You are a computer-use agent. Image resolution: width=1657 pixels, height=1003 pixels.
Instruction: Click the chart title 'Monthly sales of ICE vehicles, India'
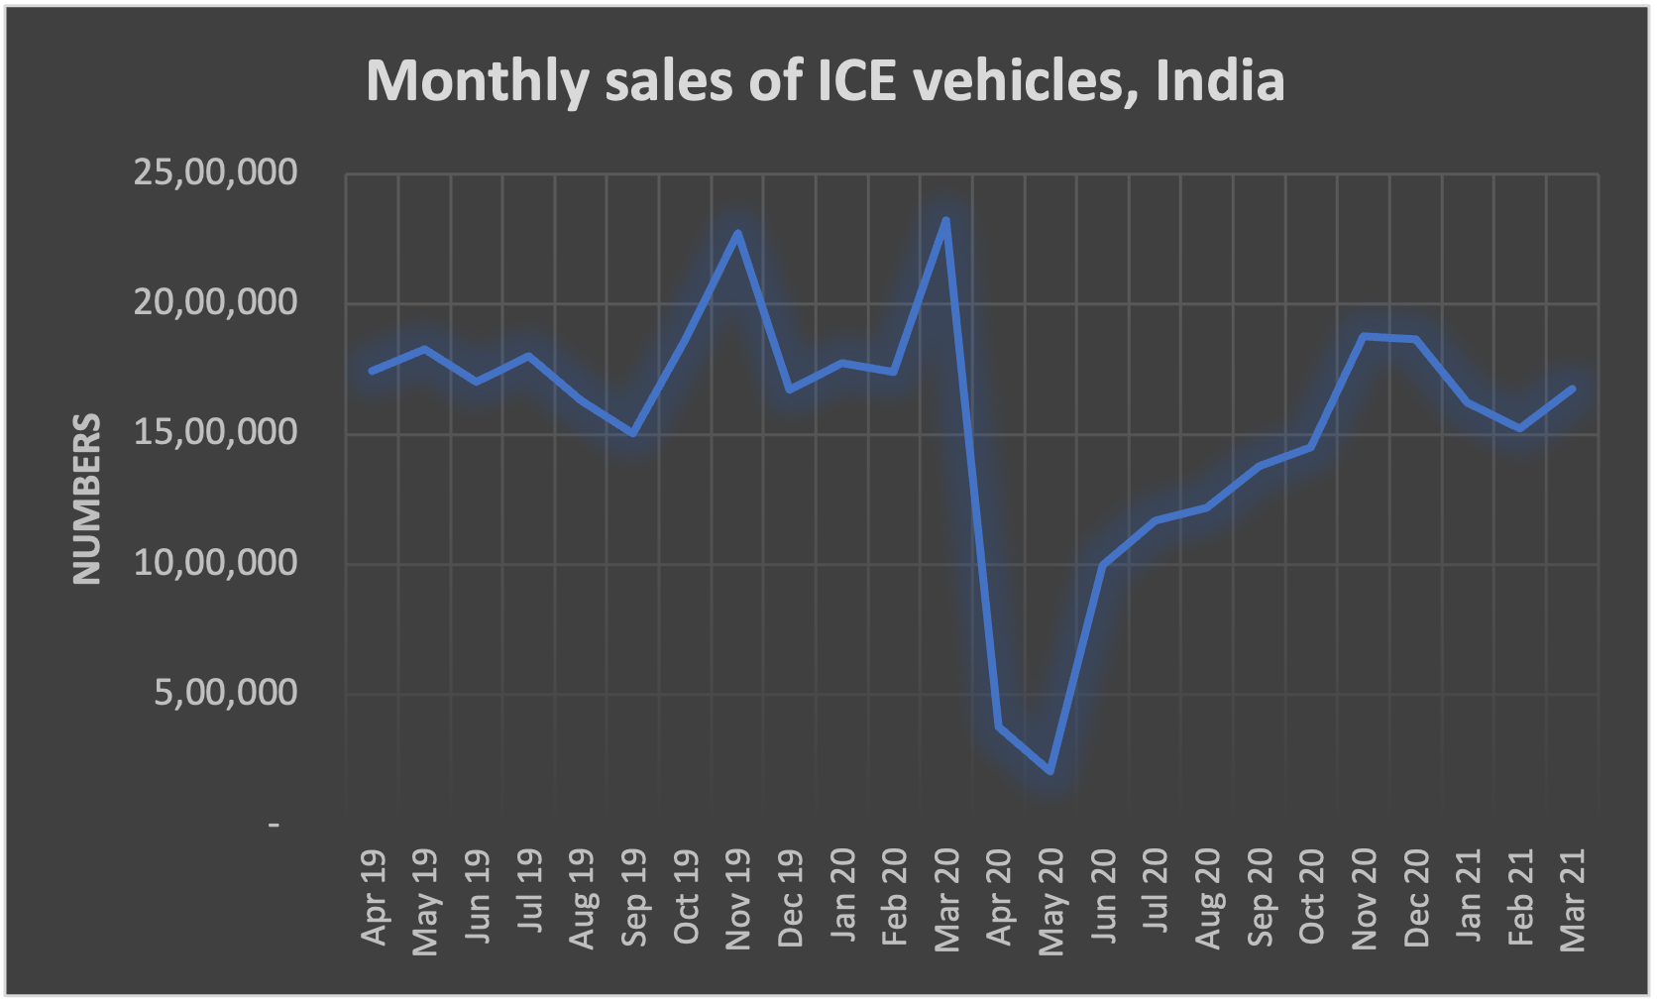825,80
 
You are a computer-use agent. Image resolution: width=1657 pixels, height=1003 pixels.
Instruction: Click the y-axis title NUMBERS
87,500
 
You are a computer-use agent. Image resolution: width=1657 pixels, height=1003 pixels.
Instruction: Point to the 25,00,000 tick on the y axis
215,172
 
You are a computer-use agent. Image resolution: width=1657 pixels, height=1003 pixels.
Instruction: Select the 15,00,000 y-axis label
215,432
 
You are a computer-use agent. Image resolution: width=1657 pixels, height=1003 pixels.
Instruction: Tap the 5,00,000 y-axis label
225,693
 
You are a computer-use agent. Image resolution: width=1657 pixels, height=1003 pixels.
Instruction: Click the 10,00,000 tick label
215,563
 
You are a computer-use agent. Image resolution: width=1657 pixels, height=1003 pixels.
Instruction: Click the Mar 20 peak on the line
945,220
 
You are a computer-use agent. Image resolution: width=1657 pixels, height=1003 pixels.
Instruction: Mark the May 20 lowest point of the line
1049,771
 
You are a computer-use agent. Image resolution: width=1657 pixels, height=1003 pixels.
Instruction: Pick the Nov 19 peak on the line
736,233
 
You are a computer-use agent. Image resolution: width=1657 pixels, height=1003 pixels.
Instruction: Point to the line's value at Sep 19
632,433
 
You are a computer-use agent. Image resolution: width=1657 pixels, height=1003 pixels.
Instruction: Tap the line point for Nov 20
1364,336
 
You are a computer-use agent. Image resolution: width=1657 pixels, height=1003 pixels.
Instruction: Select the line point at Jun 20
1102,564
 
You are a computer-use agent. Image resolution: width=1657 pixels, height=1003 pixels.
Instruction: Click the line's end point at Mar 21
1572,389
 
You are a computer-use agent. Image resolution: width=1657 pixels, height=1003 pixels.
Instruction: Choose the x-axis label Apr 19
374,898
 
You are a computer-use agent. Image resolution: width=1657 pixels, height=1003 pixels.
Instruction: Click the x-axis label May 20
1050,902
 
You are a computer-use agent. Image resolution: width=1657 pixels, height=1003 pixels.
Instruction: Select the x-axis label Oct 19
686,898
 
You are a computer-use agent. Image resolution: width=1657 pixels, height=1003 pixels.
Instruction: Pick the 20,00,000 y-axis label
215,302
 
